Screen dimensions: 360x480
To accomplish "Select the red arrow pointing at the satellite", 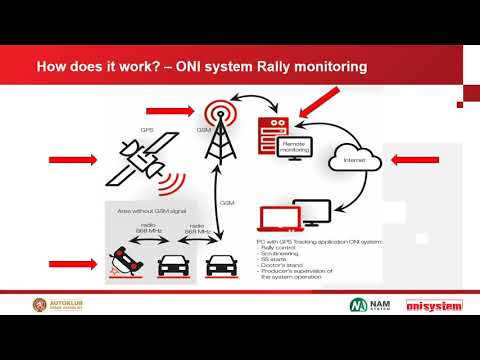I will tap(76, 158).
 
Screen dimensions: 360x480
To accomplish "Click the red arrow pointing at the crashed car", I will tap(73, 265).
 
